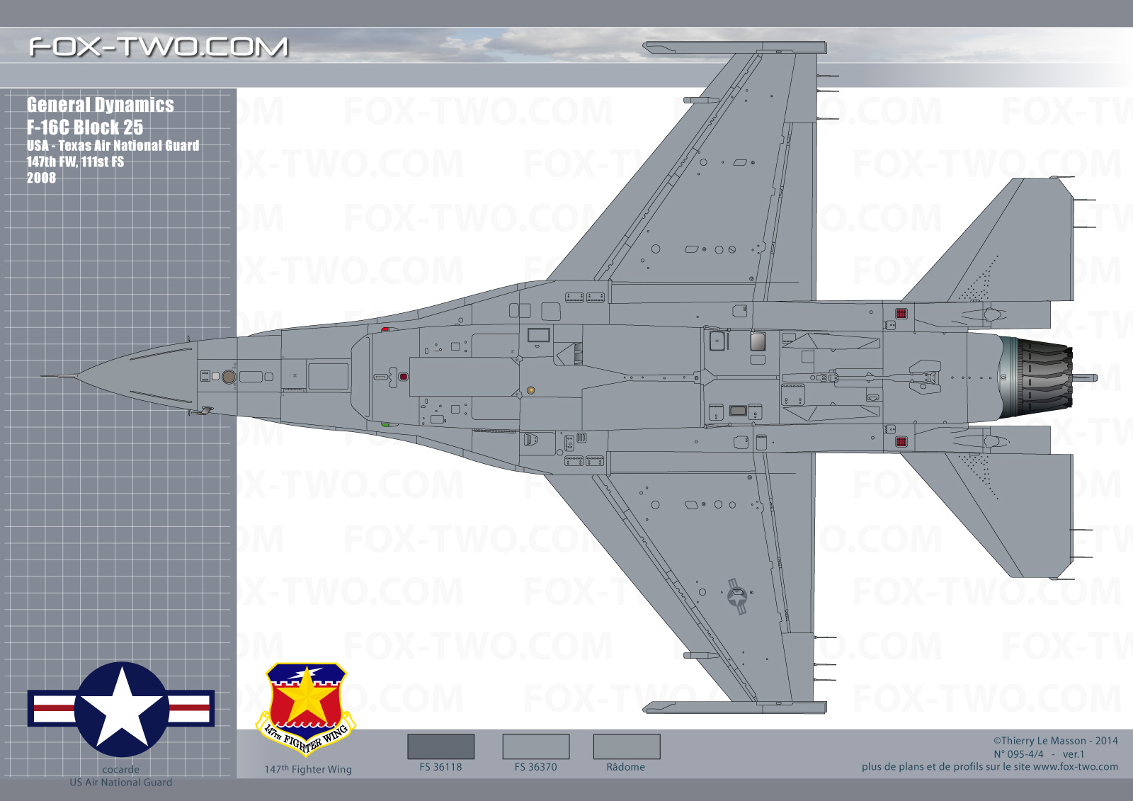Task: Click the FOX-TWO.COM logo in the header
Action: (x=159, y=47)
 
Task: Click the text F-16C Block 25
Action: (x=85, y=127)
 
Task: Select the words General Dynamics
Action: (x=100, y=105)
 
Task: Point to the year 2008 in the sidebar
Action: (x=42, y=178)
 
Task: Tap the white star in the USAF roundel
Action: (x=121, y=708)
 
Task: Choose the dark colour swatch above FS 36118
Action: (x=440, y=746)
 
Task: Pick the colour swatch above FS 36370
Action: (x=535, y=746)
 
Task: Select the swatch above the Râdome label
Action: (x=626, y=746)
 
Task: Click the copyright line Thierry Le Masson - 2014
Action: (x=1055, y=741)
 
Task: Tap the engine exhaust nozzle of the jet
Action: (x=1037, y=377)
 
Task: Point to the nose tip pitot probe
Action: (x=59, y=376)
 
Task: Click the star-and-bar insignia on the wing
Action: (x=737, y=596)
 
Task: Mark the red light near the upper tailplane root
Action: (x=901, y=314)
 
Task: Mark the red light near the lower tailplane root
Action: (x=901, y=442)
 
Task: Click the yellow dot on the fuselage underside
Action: (x=530, y=390)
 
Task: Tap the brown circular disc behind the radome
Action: (x=229, y=377)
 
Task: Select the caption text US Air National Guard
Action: (x=121, y=783)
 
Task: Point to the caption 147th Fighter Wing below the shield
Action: (x=308, y=769)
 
